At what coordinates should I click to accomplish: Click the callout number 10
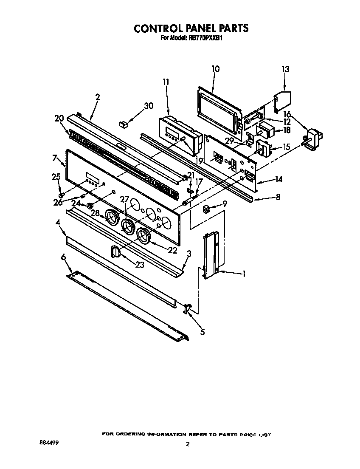pyautogui.click(x=215, y=69)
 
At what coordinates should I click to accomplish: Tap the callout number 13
pyautogui.click(x=285, y=69)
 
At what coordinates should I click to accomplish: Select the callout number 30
pyautogui.click(x=148, y=106)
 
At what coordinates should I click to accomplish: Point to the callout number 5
pyautogui.click(x=202, y=332)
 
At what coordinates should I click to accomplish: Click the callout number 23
pyautogui.click(x=140, y=265)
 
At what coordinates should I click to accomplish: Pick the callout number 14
pyautogui.click(x=278, y=179)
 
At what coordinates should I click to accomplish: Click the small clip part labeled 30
pyautogui.click(x=124, y=124)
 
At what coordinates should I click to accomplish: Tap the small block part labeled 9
pyautogui.click(x=207, y=208)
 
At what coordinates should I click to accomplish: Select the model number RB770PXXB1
pyautogui.click(x=205, y=37)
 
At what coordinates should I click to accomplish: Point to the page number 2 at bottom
pyautogui.click(x=187, y=444)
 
